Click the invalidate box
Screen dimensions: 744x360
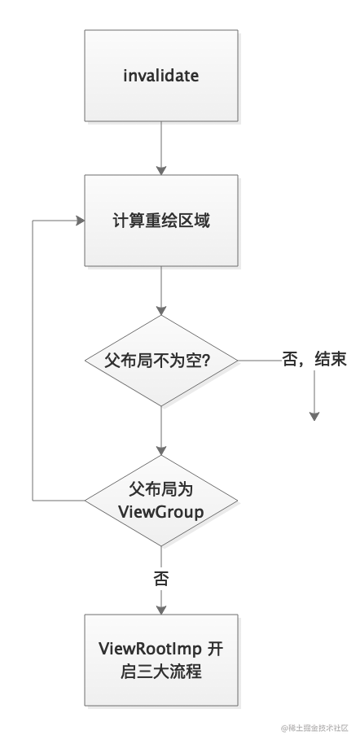[x=161, y=76]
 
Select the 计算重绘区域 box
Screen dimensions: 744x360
[x=161, y=220]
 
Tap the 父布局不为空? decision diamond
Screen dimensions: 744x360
[x=161, y=360]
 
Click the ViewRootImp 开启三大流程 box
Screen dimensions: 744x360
[x=161, y=659]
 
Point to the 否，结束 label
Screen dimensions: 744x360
[x=314, y=360]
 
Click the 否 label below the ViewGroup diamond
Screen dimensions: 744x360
[x=161, y=579]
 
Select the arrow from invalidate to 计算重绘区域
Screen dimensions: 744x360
[x=161, y=147]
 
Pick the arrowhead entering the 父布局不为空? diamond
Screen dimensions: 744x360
[x=161, y=309]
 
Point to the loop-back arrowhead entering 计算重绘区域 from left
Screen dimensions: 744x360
[x=80, y=220]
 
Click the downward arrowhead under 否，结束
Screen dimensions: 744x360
[x=314, y=416]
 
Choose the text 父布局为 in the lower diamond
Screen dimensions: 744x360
[x=161, y=488]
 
